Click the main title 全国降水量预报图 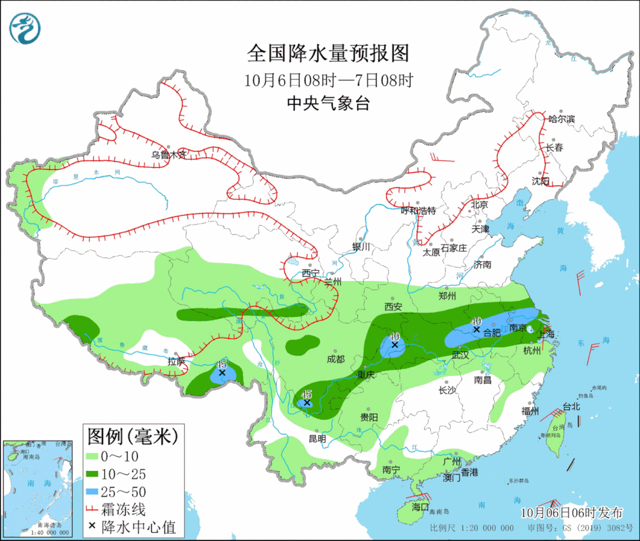pyautogui.click(x=328, y=53)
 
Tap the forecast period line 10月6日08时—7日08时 pyautogui.click(x=328, y=80)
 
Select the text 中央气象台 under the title pyautogui.click(x=328, y=104)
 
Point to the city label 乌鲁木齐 pyautogui.click(x=168, y=155)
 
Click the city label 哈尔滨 pyautogui.click(x=561, y=119)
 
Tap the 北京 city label pyautogui.click(x=479, y=204)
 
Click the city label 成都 pyautogui.click(x=335, y=359)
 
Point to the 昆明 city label pyautogui.click(x=317, y=439)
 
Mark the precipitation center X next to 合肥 pyautogui.click(x=476, y=329)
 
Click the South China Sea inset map pyautogui.click(x=37, y=489)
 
